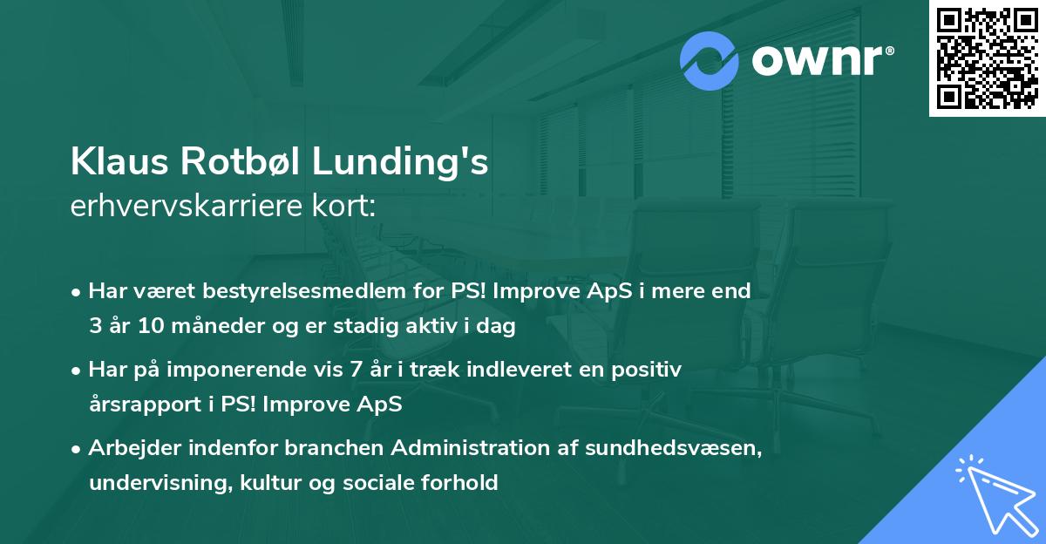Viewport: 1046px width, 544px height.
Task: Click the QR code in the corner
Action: [987, 58]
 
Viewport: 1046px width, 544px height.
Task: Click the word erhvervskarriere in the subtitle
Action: [179, 206]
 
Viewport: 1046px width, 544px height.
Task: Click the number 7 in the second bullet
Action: [355, 370]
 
